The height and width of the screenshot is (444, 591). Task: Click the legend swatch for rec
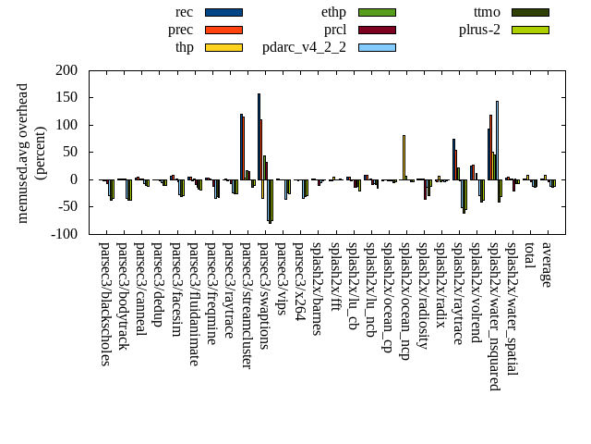[x=223, y=12]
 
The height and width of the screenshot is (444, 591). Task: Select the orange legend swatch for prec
[x=223, y=30]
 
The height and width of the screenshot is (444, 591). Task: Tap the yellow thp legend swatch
[x=223, y=47]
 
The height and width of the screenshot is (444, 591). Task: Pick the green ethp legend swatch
[x=377, y=12]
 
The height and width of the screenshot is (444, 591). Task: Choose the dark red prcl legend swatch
[x=377, y=30]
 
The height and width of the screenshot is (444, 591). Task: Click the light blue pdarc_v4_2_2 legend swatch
[x=377, y=47]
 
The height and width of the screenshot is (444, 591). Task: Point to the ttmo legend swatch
[x=530, y=12]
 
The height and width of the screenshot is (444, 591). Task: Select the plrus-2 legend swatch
[x=530, y=30]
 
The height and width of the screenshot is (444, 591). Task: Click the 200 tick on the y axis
[x=66, y=70]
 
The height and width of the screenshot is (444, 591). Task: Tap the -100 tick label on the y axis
[x=64, y=234]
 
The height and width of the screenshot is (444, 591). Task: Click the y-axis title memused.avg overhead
[x=24, y=153]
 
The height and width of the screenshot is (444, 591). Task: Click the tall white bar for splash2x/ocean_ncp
[x=404, y=157]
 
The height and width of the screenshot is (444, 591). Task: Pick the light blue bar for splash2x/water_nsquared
[x=497, y=140]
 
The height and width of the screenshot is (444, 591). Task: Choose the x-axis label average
[x=547, y=265]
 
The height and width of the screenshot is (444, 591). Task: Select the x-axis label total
[x=529, y=257]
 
